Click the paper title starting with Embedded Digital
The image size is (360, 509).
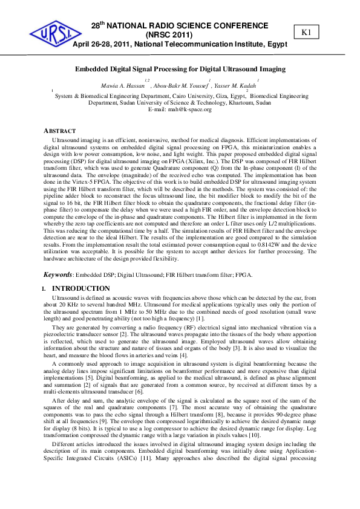click(x=180, y=69)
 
